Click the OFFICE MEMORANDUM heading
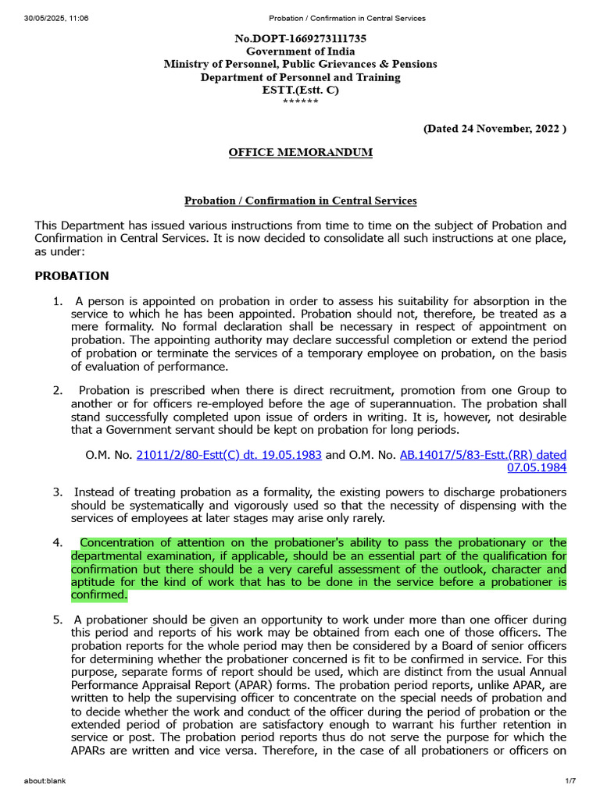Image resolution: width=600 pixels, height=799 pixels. (x=300, y=152)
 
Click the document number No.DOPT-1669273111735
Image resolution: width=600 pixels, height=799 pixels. (x=300, y=38)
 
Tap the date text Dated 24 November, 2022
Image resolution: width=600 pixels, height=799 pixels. (x=495, y=128)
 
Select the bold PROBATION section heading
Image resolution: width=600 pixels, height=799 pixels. (x=72, y=276)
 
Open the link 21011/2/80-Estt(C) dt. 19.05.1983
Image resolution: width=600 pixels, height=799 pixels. (x=229, y=454)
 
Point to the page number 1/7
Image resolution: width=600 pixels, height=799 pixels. (x=570, y=781)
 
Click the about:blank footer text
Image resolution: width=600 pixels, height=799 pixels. (x=45, y=781)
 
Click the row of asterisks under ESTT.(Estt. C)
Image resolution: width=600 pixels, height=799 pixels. (x=300, y=102)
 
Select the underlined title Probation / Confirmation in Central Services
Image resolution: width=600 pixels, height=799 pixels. (x=300, y=201)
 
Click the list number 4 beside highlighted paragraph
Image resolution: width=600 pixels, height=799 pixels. (x=57, y=542)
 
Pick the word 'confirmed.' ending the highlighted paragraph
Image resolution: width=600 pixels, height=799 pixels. (x=98, y=595)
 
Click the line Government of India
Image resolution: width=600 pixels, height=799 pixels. (x=300, y=51)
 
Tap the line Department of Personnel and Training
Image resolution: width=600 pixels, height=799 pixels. (x=300, y=77)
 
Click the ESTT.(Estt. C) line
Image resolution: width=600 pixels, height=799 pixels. (x=300, y=90)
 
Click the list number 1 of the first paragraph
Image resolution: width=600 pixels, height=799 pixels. (x=57, y=301)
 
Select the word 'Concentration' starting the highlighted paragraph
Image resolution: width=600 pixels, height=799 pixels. (x=117, y=542)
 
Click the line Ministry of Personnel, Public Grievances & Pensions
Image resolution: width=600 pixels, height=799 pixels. (x=300, y=64)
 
